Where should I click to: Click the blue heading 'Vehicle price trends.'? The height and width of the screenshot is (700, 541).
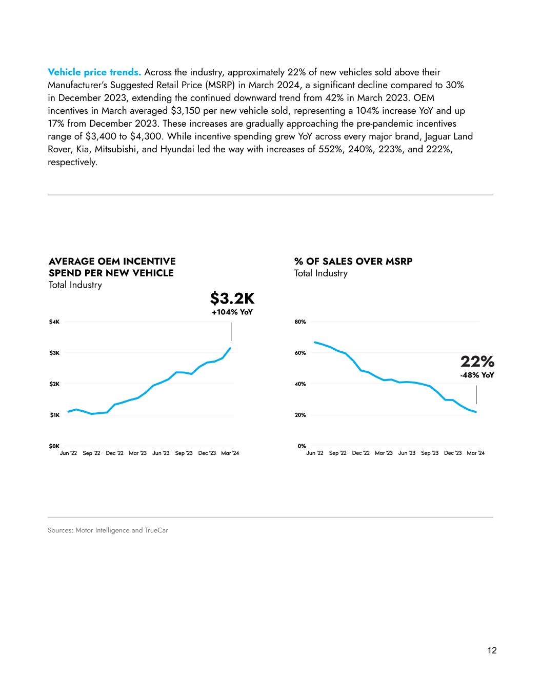94,72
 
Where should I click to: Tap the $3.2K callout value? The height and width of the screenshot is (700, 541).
232,298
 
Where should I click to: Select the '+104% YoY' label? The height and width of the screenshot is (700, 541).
232,312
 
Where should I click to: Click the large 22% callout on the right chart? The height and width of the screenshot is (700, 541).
477,362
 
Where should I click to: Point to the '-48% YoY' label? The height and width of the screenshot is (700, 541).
477,375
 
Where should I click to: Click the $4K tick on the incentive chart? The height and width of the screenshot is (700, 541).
54,322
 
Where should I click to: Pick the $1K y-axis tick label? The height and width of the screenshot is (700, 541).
54,415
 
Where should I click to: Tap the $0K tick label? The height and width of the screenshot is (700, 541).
54,446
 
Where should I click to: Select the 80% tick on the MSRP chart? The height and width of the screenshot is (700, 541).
300,322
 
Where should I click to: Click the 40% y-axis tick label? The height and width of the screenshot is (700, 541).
300,384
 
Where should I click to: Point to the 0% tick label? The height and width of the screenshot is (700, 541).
302,446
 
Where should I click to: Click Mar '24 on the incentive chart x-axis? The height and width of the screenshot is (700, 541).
230,453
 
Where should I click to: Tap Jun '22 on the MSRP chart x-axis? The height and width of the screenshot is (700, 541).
315,453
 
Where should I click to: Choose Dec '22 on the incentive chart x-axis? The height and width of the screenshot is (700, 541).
114,453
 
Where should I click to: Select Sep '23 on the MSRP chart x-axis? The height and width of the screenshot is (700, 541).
430,453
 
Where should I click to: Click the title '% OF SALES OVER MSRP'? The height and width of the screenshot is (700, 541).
353,262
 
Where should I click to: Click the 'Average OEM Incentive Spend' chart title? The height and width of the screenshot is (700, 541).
112,267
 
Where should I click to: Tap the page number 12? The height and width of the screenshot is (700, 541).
492,651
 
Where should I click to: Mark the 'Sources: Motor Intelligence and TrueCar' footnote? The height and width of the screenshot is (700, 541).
108,530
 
